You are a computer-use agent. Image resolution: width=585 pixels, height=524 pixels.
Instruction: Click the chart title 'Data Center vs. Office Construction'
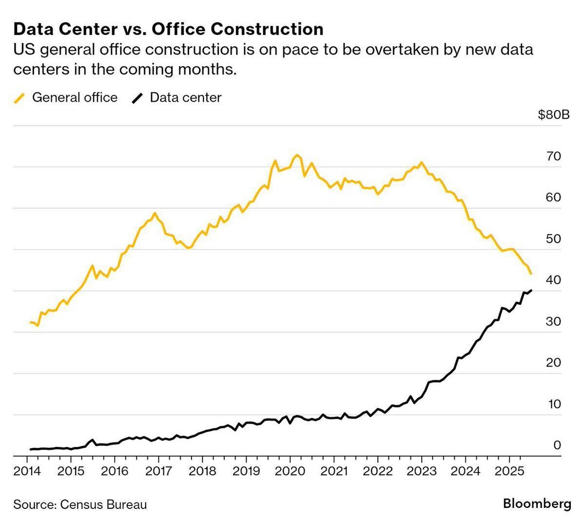168,29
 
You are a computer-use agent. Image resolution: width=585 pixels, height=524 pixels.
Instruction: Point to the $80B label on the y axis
553,115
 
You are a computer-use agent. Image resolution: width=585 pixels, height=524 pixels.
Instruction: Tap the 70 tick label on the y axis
554,156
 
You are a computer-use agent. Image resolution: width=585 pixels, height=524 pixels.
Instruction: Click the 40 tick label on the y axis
554,280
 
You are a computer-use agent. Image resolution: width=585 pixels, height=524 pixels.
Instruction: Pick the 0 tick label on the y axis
557,445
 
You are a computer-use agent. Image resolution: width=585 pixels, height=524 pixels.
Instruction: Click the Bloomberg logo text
537,504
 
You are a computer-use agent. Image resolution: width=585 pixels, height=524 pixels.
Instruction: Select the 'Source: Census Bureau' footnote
80,504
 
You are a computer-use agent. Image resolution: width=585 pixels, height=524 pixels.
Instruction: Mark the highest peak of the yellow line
297,155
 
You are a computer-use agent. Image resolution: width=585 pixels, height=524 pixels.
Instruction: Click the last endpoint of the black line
531,291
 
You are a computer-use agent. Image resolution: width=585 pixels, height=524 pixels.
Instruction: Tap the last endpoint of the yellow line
530,274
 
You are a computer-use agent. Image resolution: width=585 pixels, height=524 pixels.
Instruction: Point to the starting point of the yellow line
31,322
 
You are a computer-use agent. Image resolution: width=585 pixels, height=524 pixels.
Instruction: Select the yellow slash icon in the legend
19,97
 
